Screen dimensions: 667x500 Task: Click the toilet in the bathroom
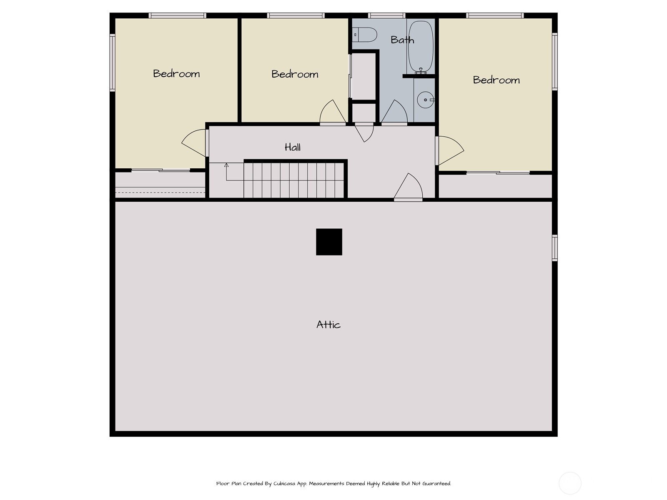pos(365,35)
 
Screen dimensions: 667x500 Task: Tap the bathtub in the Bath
pos(421,46)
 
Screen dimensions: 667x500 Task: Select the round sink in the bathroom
pos(426,100)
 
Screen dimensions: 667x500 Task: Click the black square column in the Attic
pos(329,242)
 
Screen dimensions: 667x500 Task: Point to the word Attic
pos(328,325)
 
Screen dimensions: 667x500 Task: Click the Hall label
pos(293,147)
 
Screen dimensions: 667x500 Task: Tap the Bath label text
pos(402,40)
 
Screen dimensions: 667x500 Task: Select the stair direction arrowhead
pos(226,165)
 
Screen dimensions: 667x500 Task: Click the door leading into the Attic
pos(408,187)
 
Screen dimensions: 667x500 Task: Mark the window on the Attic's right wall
pos(554,248)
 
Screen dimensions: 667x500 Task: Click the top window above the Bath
pos(386,15)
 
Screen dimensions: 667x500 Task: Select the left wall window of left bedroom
pos(113,62)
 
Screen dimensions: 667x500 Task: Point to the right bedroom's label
pos(496,80)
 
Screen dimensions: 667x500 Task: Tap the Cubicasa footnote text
pos(333,483)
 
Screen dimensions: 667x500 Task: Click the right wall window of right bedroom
pos(554,61)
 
